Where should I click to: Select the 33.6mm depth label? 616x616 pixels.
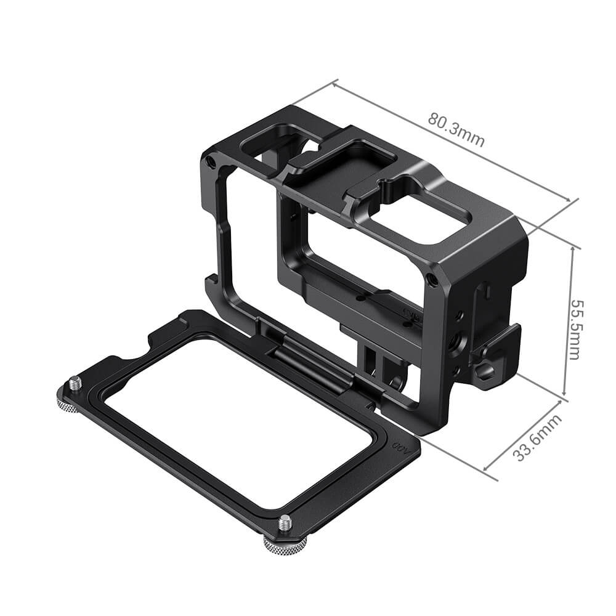538,438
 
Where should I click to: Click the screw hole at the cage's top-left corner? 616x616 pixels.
212,161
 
